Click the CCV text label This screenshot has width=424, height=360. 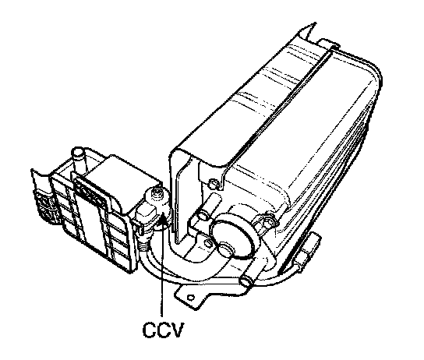point(163,330)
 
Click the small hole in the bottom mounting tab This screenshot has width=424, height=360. point(191,298)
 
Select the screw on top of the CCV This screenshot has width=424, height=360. point(157,192)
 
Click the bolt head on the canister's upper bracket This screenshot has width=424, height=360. point(214,184)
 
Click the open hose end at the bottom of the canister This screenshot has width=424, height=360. point(246,282)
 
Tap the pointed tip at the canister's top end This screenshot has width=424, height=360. point(314,23)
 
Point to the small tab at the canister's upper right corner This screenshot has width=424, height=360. point(329,43)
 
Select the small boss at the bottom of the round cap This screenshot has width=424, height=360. point(225,248)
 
